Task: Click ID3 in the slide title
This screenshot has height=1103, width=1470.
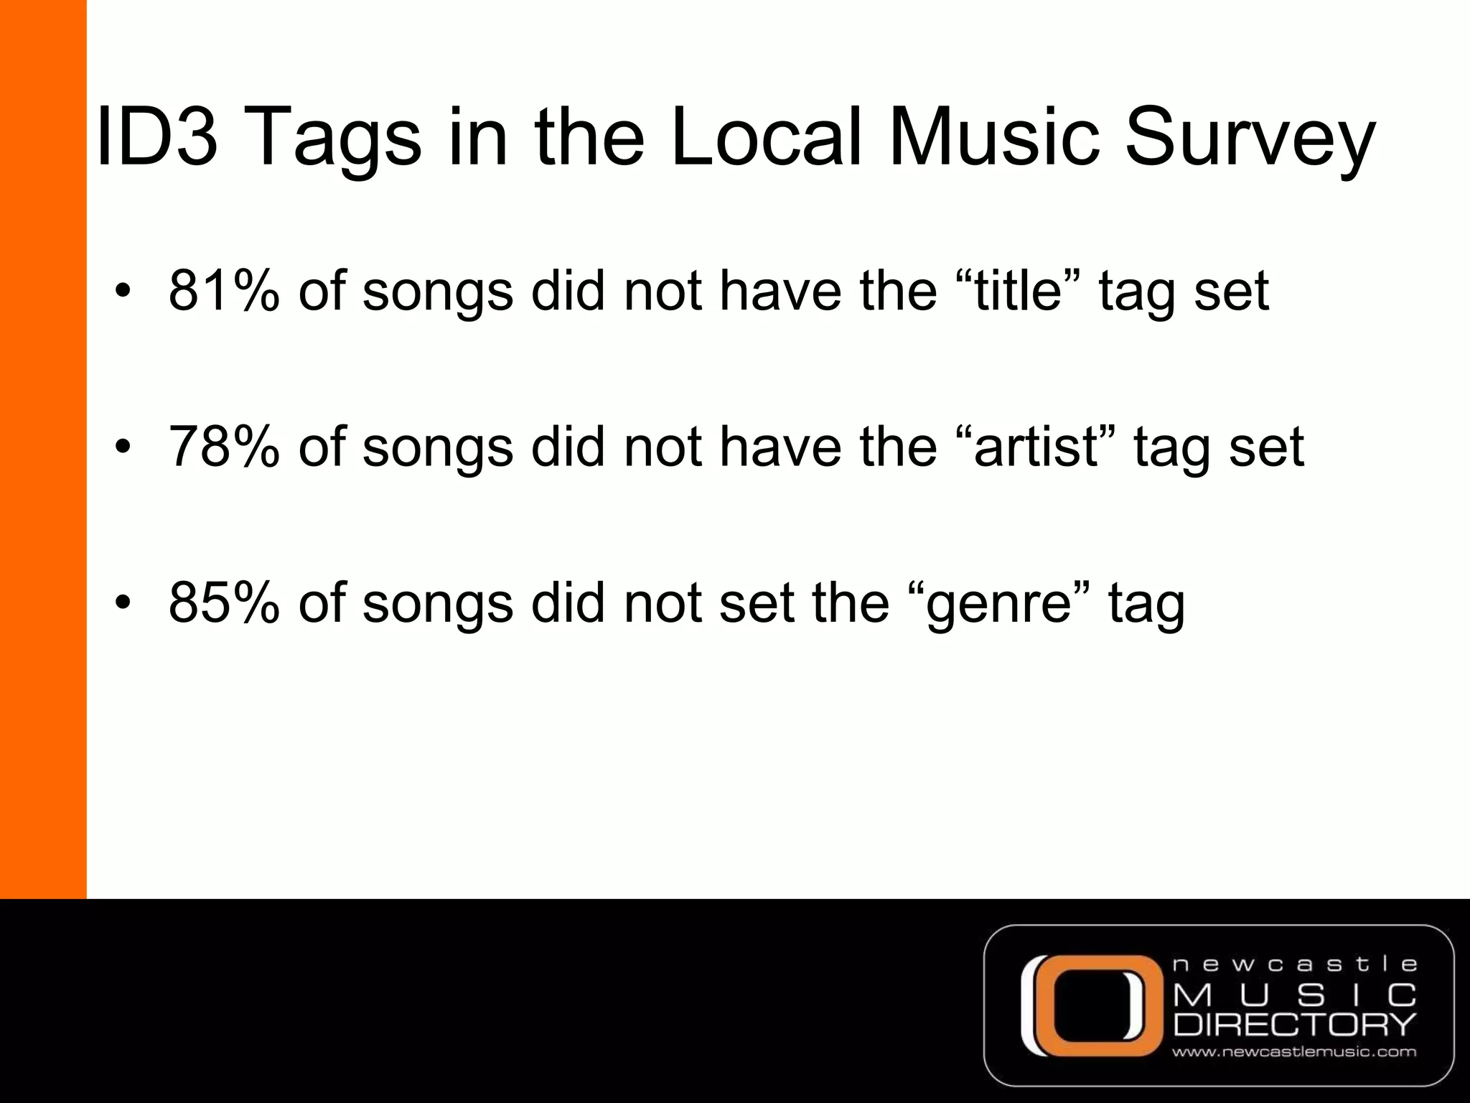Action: (x=156, y=136)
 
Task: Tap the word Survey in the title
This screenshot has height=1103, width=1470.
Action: (x=1249, y=138)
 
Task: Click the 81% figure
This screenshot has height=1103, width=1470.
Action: (x=223, y=290)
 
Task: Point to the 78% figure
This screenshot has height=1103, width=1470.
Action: (x=223, y=446)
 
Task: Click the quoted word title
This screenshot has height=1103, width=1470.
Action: (x=1017, y=290)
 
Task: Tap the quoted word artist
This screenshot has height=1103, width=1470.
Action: (x=1036, y=446)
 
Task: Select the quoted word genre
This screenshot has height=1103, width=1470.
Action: (x=998, y=603)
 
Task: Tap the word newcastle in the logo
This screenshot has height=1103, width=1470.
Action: (x=1295, y=964)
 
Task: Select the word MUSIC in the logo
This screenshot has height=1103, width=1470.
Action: (x=1295, y=995)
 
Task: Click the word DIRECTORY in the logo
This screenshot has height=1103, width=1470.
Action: (x=1295, y=1024)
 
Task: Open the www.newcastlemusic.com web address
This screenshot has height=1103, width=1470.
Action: (x=1295, y=1053)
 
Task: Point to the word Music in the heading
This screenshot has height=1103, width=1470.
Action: (x=994, y=136)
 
